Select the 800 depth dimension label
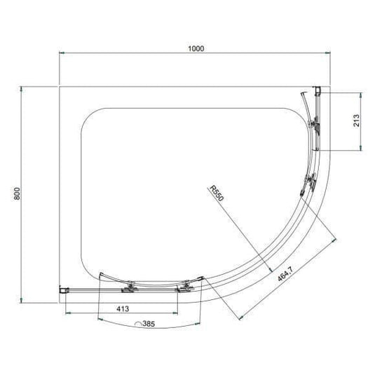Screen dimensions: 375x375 18,196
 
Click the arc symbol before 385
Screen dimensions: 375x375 137,325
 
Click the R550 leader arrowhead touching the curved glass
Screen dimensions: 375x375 269,266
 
